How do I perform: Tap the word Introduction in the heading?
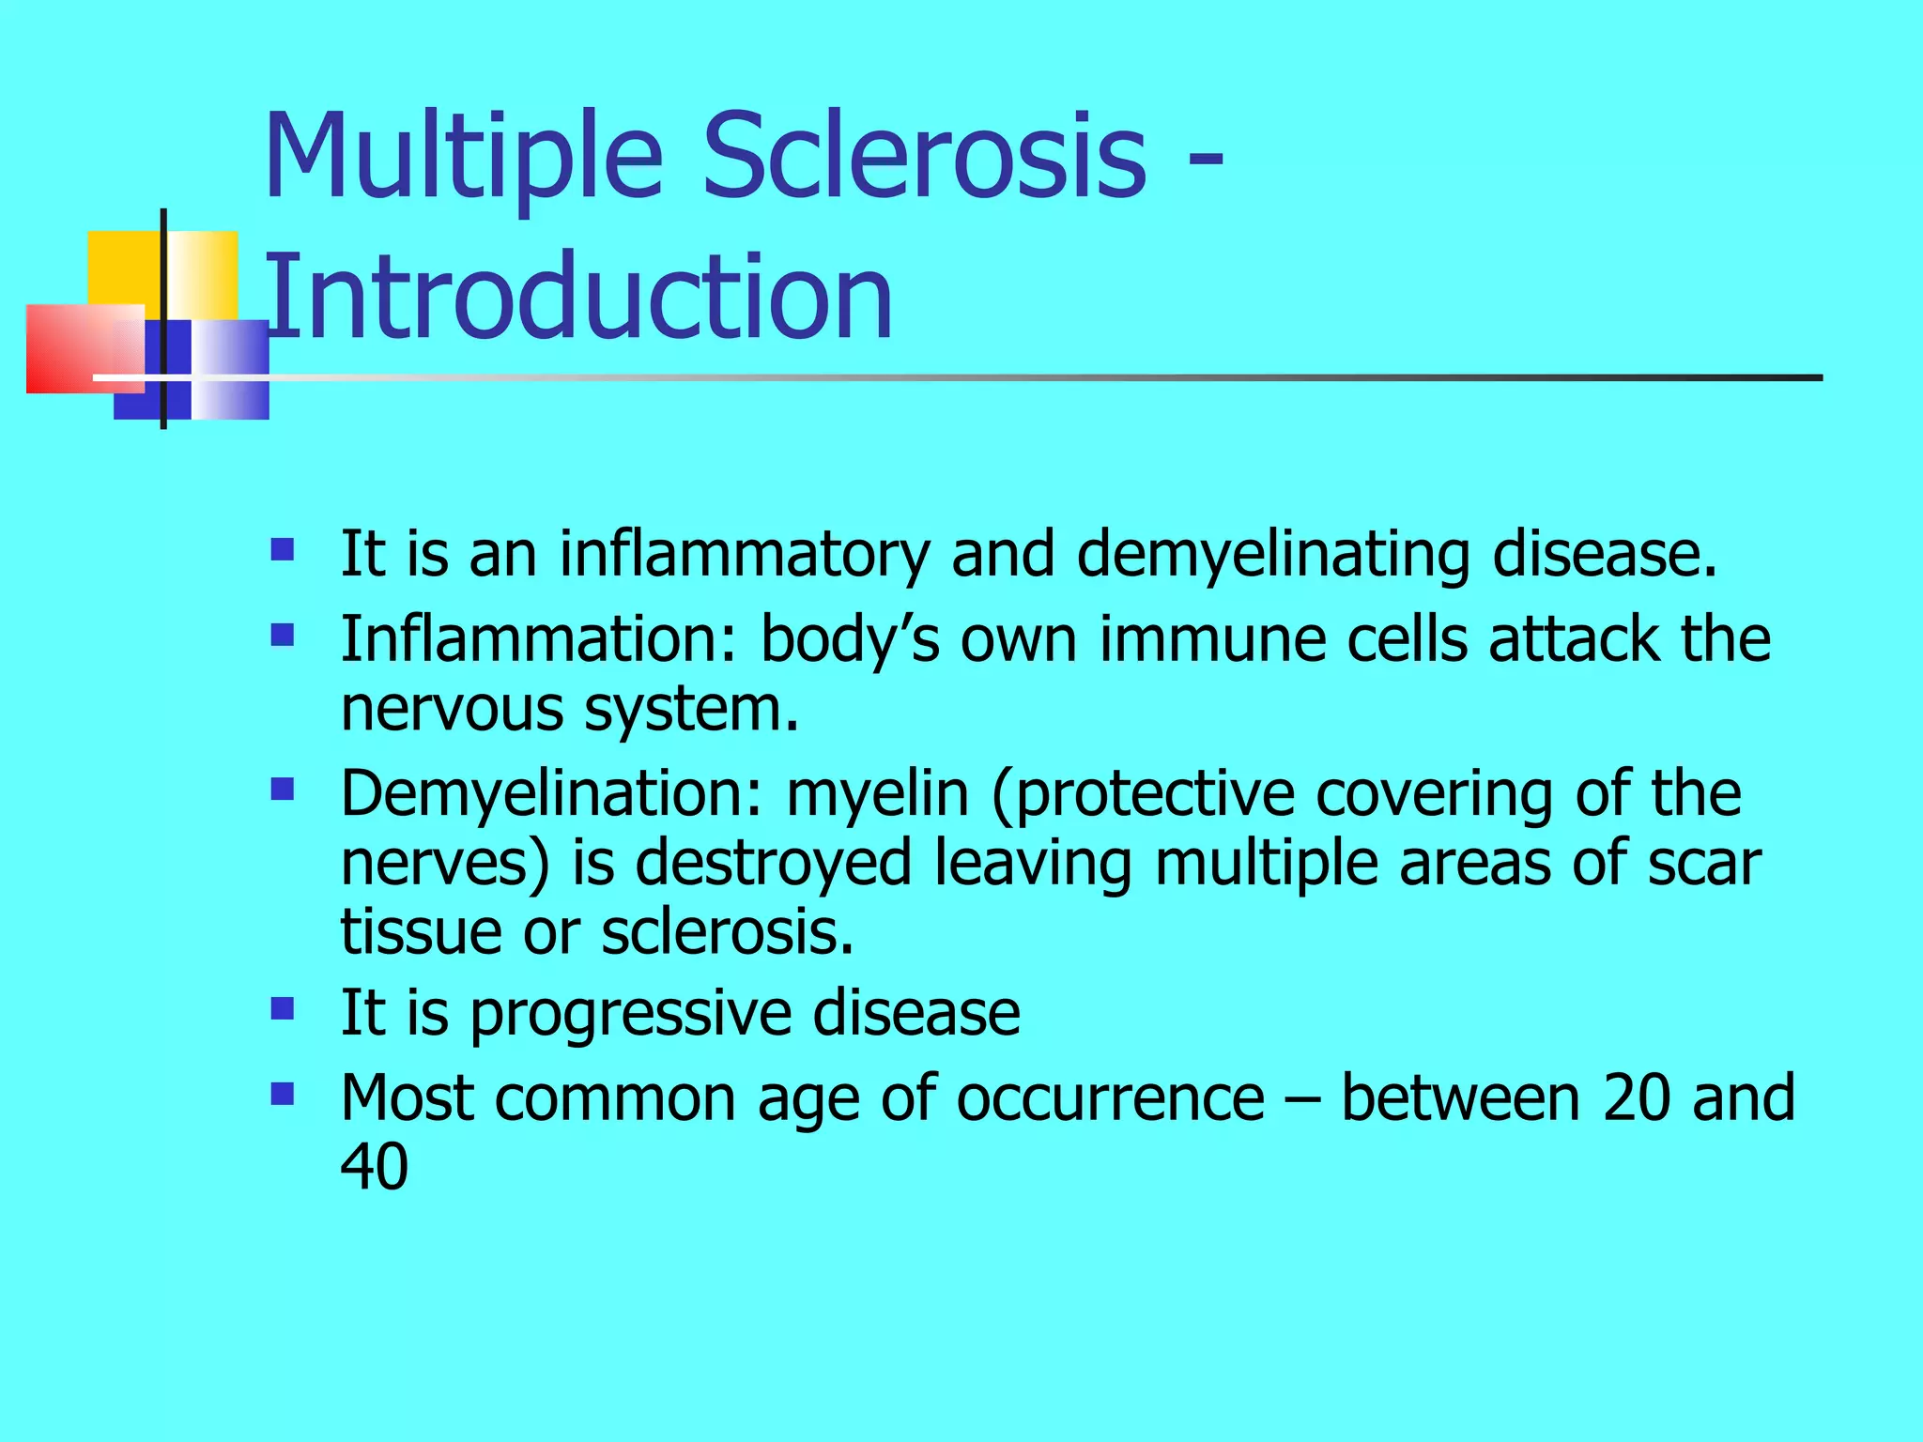(579, 298)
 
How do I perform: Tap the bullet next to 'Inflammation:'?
(282, 636)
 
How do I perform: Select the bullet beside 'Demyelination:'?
(282, 789)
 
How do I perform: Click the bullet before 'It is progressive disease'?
(282, 1009)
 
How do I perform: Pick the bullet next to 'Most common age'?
(282, 1094)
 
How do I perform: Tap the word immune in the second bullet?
(1211, 640)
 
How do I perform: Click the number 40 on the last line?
(374, 1167)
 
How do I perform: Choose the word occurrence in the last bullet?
(1110, 1097)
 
